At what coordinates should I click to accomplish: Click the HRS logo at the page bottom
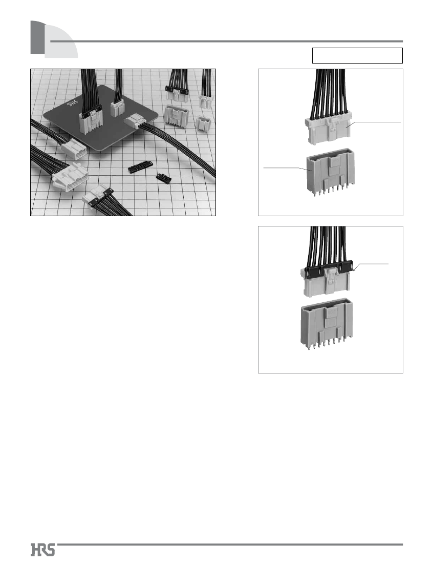pyautogui.click(x=43, y=550)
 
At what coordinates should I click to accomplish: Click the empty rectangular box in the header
pyautogui.click(x=357, y=55)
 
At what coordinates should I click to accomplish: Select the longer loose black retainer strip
pyautogui.click(x=141, y=167)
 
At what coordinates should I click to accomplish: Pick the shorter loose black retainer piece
pyautogui.click(x=164, y=178)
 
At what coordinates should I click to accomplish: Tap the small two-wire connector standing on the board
pyautogui.click(x=117, y=109)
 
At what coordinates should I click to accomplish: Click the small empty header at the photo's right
pyautogui.click(x=203, y=123)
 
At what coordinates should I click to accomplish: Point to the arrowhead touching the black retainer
pyautogui.click(x=354, y=270)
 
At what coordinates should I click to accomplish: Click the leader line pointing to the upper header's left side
pyautogui.click(x=285, y=169)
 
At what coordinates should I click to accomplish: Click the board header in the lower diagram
pyautogui.click(x=326, y=323)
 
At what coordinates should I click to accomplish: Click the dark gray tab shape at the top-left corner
pyautogui.click(x=37, y=37)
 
